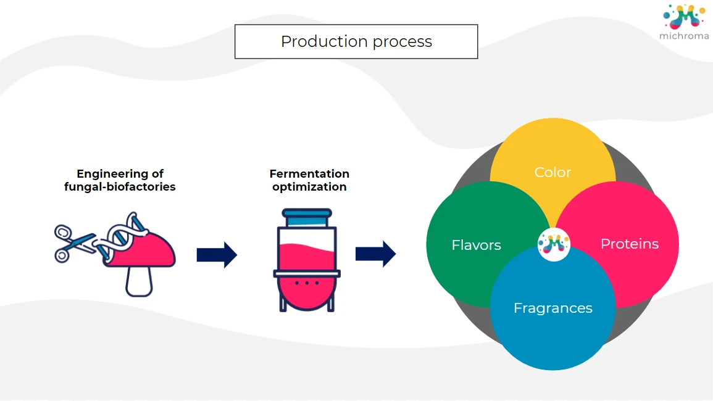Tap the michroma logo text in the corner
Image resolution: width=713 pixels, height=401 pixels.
[683, 36]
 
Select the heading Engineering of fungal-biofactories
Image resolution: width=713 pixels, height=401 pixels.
[120, 180]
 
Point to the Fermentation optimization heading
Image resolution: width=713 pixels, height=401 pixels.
[309, 180]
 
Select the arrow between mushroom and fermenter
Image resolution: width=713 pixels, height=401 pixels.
[217, 255]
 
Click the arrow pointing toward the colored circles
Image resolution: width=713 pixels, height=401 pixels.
[375, 254]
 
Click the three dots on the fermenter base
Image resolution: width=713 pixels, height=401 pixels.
[306, 283]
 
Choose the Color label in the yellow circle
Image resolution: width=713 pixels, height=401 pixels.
[552, 172]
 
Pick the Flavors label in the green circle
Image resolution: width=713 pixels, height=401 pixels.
[476, 245]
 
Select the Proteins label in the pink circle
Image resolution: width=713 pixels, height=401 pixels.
[629, 244]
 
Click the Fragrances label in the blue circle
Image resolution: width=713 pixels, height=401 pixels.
[552, 308]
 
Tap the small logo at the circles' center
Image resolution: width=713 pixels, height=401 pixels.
[554, 245]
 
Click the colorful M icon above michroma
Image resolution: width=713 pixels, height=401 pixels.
[684, 17]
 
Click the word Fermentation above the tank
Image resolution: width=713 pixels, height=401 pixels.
[309, 174]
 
